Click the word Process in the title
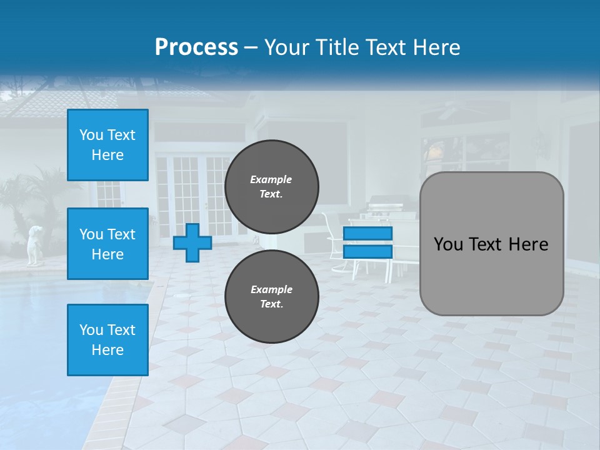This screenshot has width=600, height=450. [196, 47]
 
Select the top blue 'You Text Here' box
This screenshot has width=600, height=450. [107, 145]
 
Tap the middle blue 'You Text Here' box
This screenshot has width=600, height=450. [107, 244]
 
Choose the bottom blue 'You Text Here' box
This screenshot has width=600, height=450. [107, 340]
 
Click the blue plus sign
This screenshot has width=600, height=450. [192, 242]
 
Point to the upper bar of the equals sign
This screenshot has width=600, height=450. [368, 234]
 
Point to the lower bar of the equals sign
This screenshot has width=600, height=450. [368, 252]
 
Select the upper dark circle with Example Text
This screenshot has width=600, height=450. [271, 186]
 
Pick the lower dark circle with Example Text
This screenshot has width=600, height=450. [271, 296]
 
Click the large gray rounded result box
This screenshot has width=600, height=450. [491, 244]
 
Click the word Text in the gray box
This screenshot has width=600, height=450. [491, 244]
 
